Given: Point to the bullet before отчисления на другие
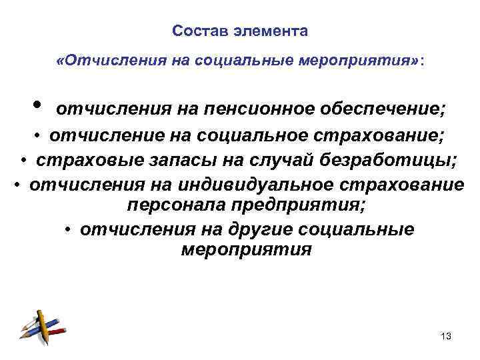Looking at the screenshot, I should (x=69, y=231).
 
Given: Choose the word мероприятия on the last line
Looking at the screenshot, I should (x=246, y=251).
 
